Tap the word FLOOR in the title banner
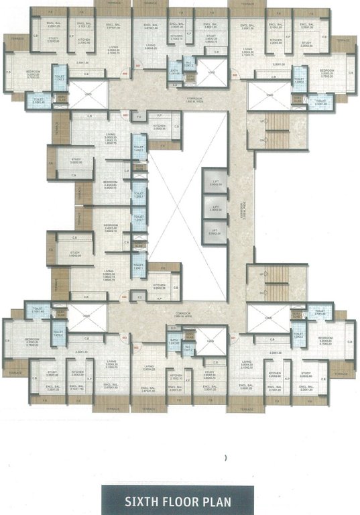pos(180,500)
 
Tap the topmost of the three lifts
pos(215,182)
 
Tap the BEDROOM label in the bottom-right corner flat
pos(326,339)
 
